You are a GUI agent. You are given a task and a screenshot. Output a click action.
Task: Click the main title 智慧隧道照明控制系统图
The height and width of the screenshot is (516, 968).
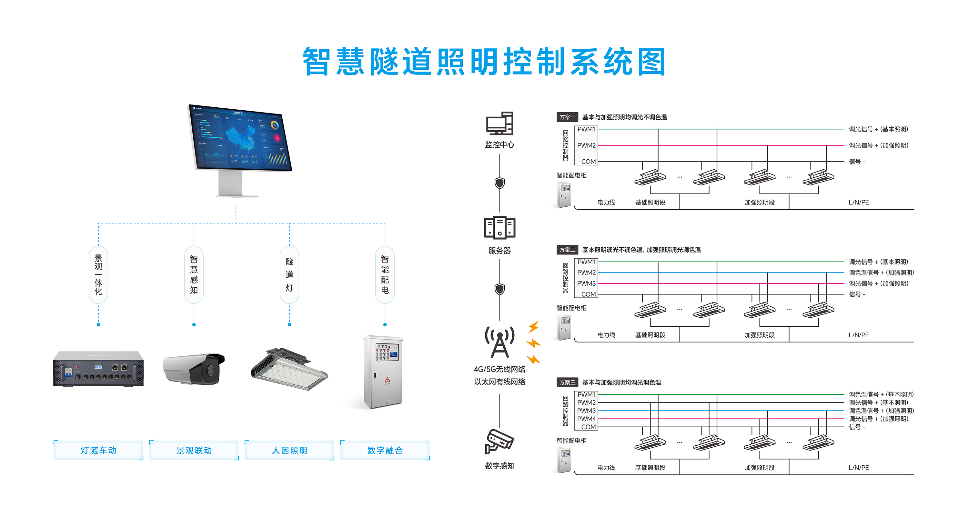pos(484,62)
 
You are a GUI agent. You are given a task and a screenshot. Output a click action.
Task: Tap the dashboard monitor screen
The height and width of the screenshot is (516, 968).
pos(240,138)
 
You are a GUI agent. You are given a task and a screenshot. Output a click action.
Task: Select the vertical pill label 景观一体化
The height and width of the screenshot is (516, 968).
pos(98,274)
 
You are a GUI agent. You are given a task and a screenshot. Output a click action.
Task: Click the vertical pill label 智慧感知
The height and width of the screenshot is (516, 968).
pos(194,274)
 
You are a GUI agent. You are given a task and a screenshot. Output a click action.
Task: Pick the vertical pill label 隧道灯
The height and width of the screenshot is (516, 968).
pos(289,274)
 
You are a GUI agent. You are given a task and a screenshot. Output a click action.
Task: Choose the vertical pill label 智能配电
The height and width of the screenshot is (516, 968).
pos(385,274)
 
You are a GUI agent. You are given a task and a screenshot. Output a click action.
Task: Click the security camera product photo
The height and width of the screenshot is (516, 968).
pos(194,368)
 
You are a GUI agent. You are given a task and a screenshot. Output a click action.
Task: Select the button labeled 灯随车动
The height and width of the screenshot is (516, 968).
pos(98,450)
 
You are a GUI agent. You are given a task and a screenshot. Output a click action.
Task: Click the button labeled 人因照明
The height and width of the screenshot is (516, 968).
pos(289,450)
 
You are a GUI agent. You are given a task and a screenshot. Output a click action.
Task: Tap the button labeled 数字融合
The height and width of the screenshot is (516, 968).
pos(385,450)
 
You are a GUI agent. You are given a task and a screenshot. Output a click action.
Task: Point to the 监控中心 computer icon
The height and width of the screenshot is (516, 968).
pos(499,123)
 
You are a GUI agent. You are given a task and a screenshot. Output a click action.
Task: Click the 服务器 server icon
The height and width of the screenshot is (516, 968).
pos(499,228)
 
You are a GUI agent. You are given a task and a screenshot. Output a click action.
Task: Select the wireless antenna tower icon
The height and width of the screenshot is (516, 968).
pos(499,342)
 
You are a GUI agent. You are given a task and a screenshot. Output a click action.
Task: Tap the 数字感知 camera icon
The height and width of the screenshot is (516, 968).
pos(499,442)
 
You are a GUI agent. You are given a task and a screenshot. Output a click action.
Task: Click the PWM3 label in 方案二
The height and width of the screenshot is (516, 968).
pos(586,283)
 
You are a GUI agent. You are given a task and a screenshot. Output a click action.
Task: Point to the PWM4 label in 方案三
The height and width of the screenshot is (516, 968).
pos(586,419)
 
